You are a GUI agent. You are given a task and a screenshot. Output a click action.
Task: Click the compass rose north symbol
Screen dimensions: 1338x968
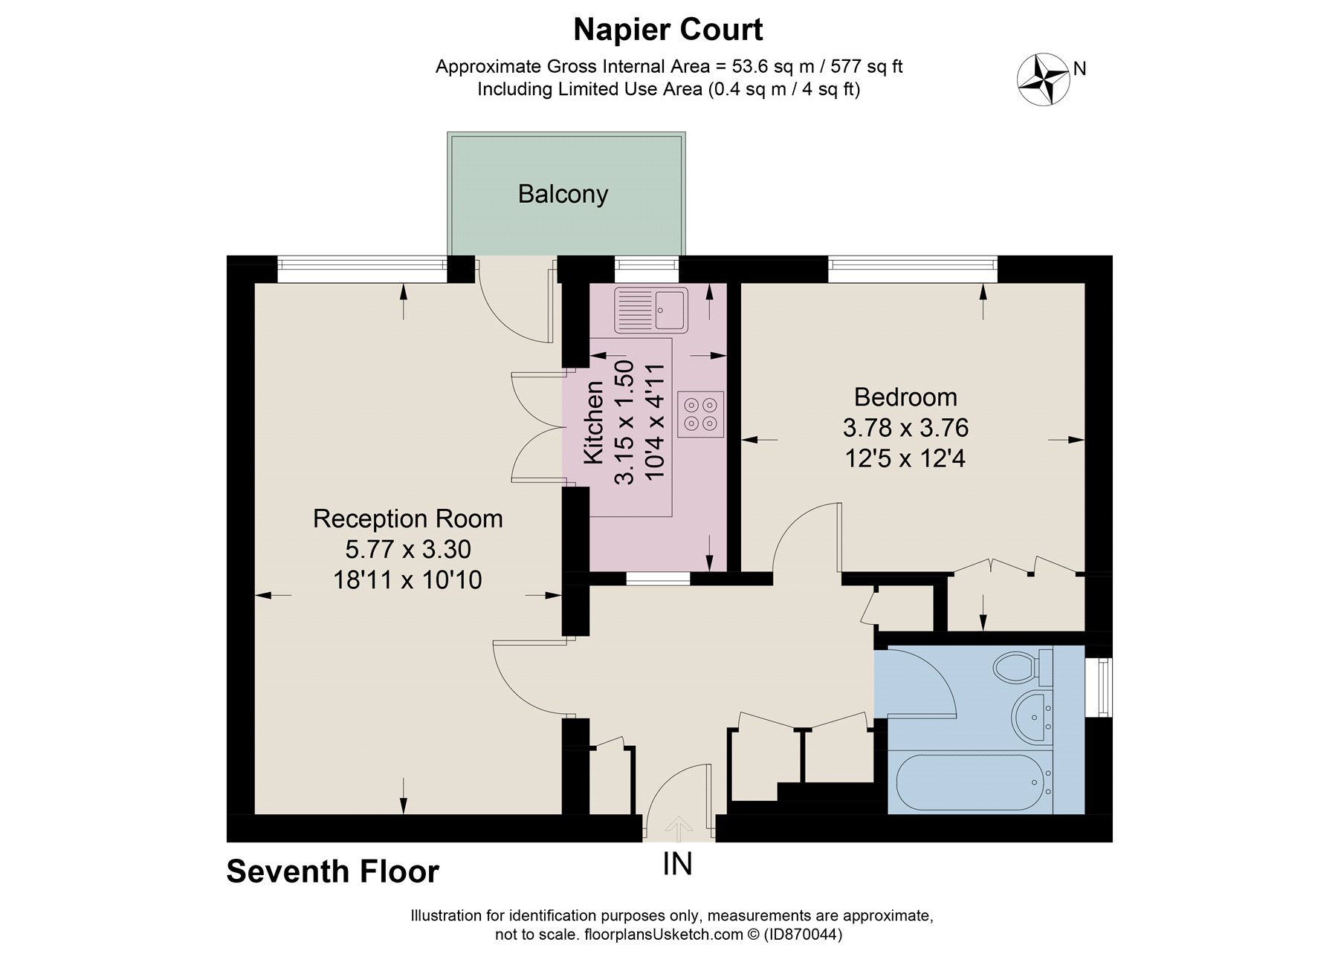click(x=1043, y=79)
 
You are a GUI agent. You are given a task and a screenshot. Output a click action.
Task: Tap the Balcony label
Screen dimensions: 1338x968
click(x=563, y=194)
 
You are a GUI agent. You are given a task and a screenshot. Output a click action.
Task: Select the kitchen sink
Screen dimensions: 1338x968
click(x=651, y=309)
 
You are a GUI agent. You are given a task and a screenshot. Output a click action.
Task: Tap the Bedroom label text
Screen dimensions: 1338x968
click(x=905, y=397)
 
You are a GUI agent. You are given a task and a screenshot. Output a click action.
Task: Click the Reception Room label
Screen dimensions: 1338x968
click(x=407, y=518)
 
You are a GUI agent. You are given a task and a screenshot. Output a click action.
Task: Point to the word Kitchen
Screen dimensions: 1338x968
click(x=593, y=422)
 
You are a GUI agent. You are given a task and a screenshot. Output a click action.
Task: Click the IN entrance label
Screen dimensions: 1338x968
click(x=677, y=864)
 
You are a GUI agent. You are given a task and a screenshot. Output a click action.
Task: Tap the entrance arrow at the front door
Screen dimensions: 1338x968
click(x=677, y=825)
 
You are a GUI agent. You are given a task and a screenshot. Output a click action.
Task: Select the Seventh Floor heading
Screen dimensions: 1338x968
click(x=332, y=871)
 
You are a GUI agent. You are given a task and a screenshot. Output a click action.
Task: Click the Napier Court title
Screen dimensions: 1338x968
click(x=668, y=30)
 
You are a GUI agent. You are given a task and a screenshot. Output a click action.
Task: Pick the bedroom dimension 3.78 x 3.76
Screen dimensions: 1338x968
click(x=905, y=428)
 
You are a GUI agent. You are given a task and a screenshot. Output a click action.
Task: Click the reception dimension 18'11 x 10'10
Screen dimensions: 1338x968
click(x=407, y=579)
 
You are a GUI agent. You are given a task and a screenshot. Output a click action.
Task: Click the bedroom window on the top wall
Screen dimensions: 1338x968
click(x=912, y=268)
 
